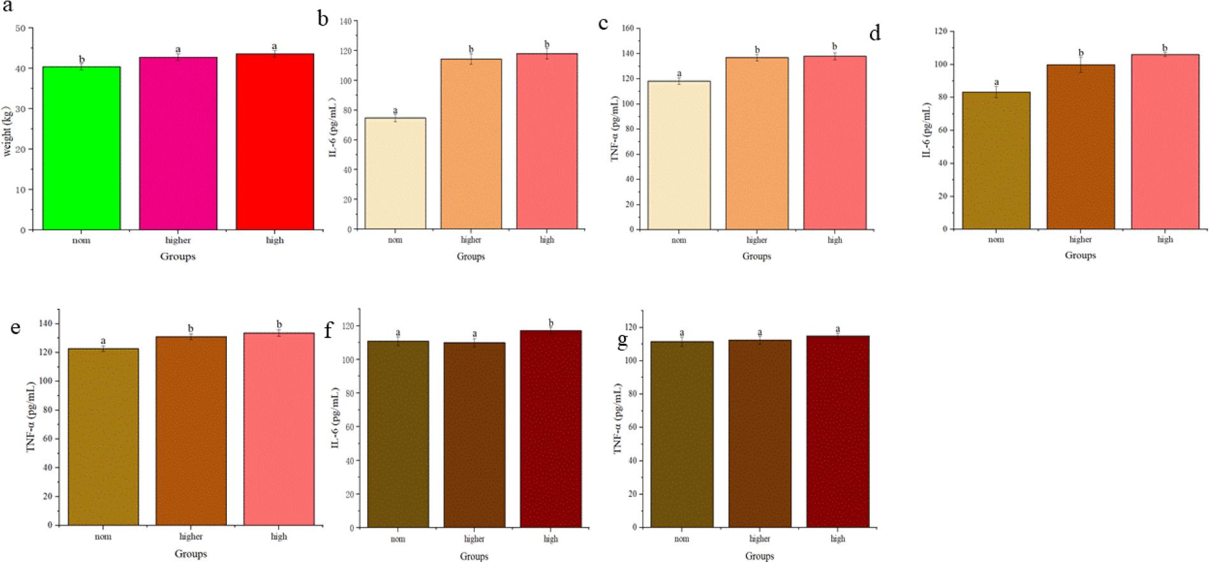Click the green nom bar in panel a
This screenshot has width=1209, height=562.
pyautogui.click(x=82, y=148)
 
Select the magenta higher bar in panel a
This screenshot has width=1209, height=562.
pyautogui.click(x=178, y=144)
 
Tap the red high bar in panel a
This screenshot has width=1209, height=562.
pyautogui.click(x=275, y=142)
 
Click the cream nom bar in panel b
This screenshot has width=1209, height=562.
pyautogui.click(x=395, y=174)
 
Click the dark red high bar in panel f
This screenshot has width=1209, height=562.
pyautogui.click(x=551, y=429)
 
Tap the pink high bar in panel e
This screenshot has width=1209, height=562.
pyautogui.click(x=279, y=429)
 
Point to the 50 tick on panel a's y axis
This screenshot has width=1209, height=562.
pyautogui.click(x=20, y=29)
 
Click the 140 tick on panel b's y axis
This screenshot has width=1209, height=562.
pyautogui.click(x=344, y=21)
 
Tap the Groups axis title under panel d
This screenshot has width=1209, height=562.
pyautogui.click(x=1080, y=255)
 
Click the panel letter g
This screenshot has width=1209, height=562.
pyautogui.click(x=623, y=340)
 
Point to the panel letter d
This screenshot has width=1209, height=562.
pyautogui.click(x=874, y=33)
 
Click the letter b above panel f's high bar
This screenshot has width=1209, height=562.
pyautogui.click(x=551, y=323)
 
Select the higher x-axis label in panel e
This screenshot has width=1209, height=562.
pyautogui.click(x=191, y=536)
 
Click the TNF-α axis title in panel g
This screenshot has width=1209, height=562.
pyautogui.click(x=617, y=419)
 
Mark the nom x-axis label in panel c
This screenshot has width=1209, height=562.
pyautogui.click(x=679, y=240)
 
